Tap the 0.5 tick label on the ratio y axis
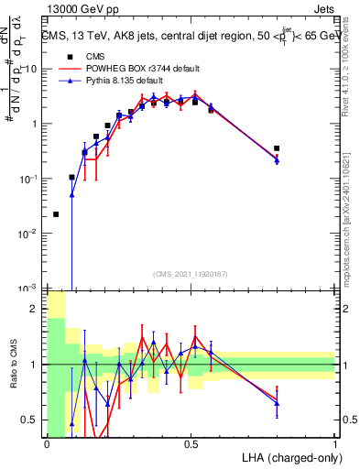point(32,420)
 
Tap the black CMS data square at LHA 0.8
point(277,147)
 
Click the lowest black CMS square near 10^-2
point(56,214)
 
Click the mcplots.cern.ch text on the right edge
point(349,229)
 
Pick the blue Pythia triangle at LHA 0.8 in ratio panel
point(277,403)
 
